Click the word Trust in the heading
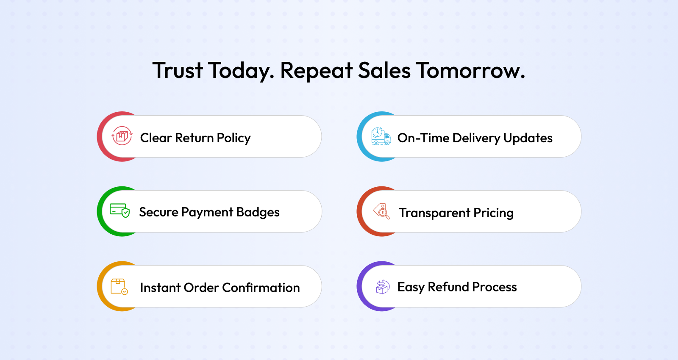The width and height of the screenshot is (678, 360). click(x=178, y=70)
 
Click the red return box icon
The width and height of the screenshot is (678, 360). click(x=122, y=136)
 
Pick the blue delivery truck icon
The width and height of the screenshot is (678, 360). click(x=381, y=136)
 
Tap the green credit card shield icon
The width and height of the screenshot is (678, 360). click(x=120, y=210)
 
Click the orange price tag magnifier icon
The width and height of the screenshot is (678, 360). click(x=382, y=211)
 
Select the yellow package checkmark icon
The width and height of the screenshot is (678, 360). click(x=119, y=286)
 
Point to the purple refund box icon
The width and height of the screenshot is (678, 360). click(x=383, y=287)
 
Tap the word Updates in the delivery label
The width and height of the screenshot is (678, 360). click(x=528, y=138)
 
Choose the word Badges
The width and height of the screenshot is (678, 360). click(x=258, y=212)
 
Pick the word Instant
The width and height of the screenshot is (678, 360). click(x=160, y=288)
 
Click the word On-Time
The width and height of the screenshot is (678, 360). click(x=423, y=138)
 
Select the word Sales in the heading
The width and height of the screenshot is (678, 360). click(x=384, y=70)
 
